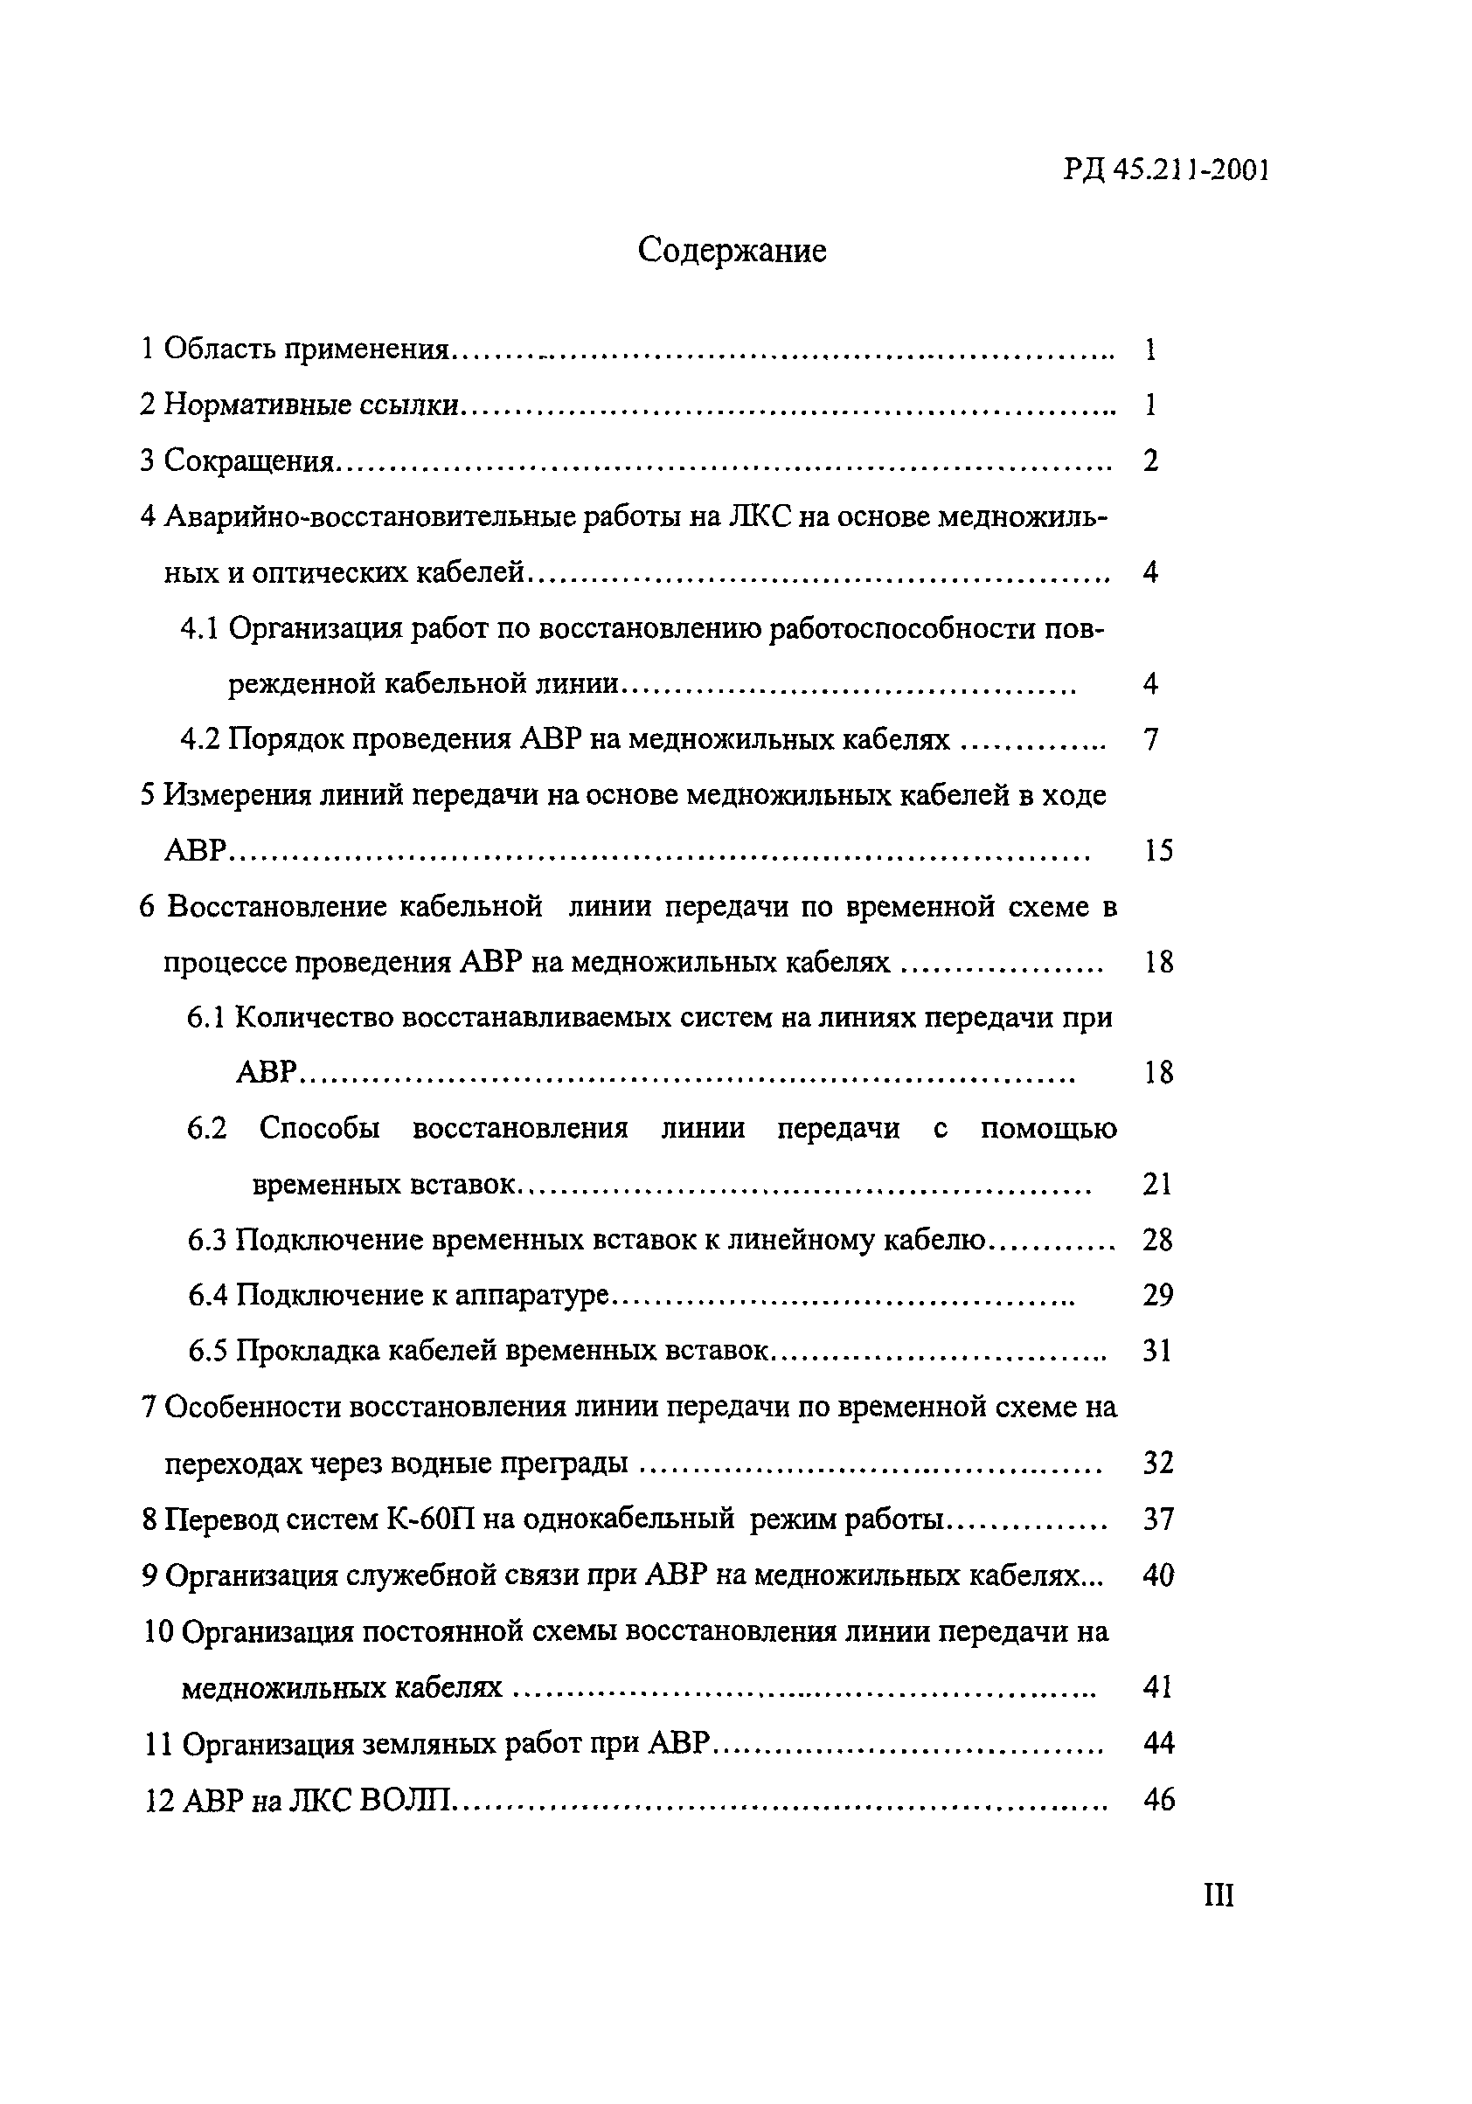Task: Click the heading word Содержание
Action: click(732, 250)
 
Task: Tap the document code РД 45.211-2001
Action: click(1166, 170)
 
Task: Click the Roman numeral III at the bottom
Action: click(1219, 1894)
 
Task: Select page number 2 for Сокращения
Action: click(1151, 461)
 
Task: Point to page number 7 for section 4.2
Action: click(1152, 739)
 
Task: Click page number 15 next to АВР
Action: click(1158, 851)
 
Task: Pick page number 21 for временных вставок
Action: click(1157, 1185)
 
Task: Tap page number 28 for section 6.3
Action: click(1157, 1241)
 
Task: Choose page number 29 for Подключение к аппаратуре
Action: click(1157, 1296)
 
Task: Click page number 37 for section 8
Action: click(1158, 1520)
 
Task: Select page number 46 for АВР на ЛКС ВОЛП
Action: click(1158, 1801)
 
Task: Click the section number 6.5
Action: click(207, 1352)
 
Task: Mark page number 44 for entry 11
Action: click(1158, 1744)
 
